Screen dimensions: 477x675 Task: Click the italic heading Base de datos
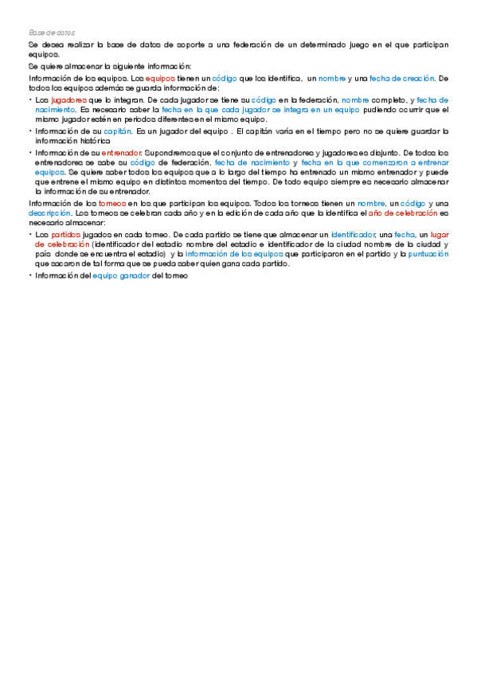[52, 33]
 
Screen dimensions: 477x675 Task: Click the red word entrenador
[122, 150]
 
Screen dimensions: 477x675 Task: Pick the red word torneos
[110, 203]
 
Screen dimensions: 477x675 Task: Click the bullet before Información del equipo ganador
[30, 275]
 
